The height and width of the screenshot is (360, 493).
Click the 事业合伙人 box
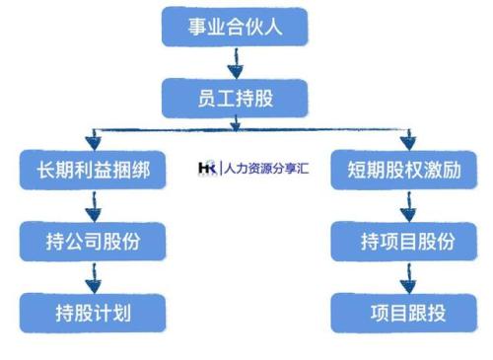tap(235, 27)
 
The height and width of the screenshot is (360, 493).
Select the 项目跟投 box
tap(406, 313)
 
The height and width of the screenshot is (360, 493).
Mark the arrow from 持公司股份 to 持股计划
tap(92, 277)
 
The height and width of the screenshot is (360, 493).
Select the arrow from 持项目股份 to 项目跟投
tap(406, 277)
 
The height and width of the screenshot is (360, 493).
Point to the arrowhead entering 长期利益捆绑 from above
tap(93, 141)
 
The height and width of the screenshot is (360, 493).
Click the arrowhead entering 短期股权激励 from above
tap(407, 141)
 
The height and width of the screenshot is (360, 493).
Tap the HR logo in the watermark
tap(208, 169)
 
